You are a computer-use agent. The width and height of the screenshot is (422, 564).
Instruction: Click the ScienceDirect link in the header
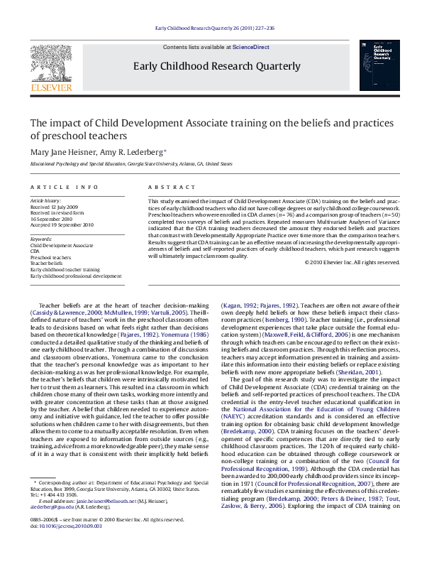252,46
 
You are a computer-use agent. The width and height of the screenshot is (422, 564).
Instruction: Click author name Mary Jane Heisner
62,151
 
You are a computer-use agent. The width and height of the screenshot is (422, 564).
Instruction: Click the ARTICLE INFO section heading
64,188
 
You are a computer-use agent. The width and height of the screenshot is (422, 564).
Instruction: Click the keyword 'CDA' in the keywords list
35,251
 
